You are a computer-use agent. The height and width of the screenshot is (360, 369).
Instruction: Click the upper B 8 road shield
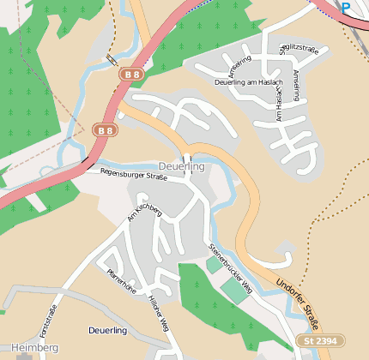click(x=131, y=75)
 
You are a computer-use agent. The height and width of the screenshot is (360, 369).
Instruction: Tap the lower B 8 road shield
click(x=104, y=130)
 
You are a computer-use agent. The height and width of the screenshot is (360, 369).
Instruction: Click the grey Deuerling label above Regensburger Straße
click(x=182, y=166)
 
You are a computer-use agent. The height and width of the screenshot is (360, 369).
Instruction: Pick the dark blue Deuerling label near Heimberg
click(x=107, y=330)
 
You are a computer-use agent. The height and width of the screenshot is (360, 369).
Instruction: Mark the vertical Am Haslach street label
click(x=276, y=104)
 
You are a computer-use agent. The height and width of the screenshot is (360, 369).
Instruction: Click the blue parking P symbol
click(x=345, y=7)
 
